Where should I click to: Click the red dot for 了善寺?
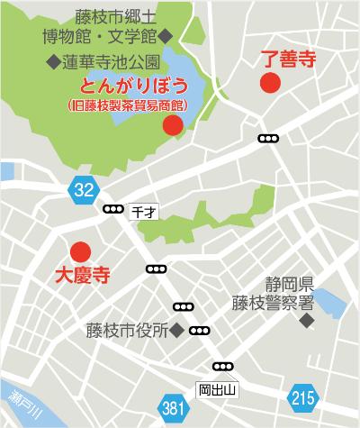coord(269,84)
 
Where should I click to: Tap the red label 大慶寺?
coord(83,275)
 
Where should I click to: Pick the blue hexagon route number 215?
coord(303,396)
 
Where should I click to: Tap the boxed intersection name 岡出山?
coord(216,389)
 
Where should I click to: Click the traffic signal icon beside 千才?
coord(113,210)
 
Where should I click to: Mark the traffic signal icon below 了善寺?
coord(268,139)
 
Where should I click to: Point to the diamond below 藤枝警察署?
coord(308,321)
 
